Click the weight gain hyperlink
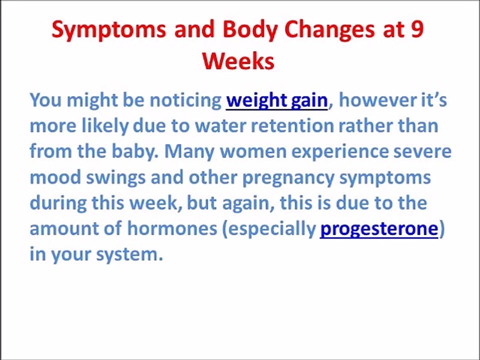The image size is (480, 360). tap(276, 100)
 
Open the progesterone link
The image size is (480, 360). tap(378, 228)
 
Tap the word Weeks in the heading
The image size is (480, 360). tap(238, 61)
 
